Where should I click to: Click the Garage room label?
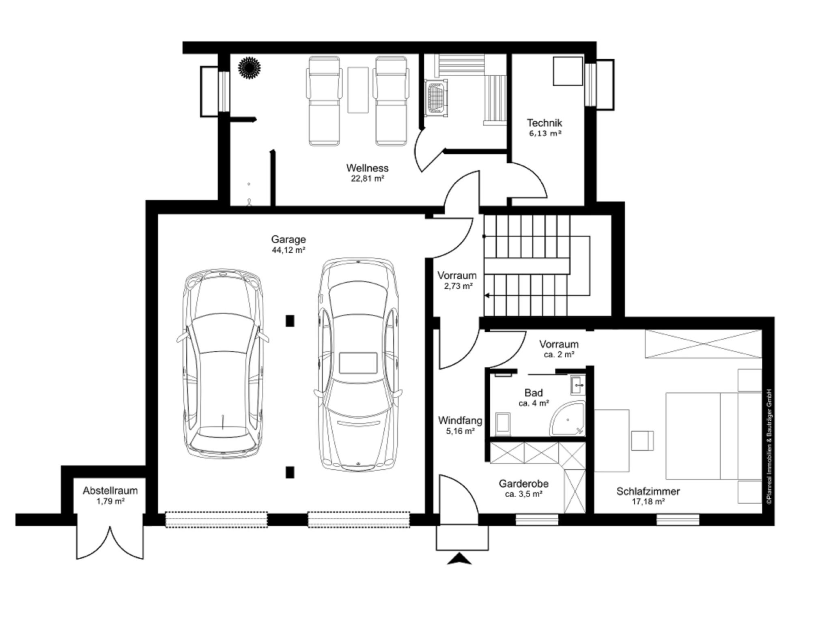click(x=288, y=240)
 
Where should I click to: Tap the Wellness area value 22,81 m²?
click(x=368, y=178)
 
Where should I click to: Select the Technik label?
click(x=545, y=122)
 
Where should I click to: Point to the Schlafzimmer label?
click(x=648, y=491)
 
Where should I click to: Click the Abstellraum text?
click(x=110, y=491)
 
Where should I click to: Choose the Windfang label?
click(x=460, y=420)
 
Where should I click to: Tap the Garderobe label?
click(x=524, y=483)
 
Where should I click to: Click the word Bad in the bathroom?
click(x=534, y=393)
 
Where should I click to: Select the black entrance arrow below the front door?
click(x=459, y=559)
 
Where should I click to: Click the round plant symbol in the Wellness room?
click(x=249, y=67)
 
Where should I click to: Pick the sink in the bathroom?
click(x=578, y=385)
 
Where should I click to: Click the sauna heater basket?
click(x=437, y=98)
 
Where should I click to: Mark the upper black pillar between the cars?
click(x=290, y=321)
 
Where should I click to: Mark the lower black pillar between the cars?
click(x=290, y=472)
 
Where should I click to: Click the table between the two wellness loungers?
click(x=358, y=90)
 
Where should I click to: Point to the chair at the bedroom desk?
click(x=643, y=440)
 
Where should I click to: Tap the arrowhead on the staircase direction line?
click(x=487, y=296)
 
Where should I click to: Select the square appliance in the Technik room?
click(x=568, y=71)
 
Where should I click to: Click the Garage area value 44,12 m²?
click(x=288, y=250)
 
